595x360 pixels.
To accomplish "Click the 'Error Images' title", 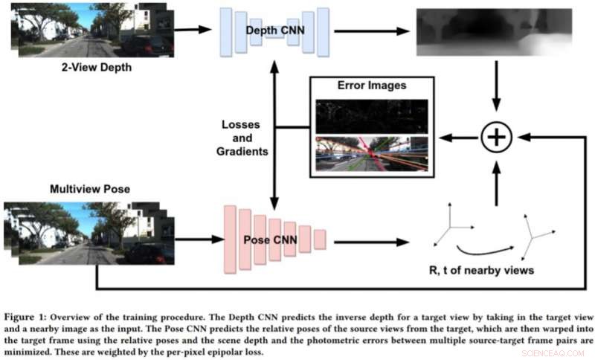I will tap(371, 85).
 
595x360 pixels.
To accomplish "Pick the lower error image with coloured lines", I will tap(371, 153).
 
